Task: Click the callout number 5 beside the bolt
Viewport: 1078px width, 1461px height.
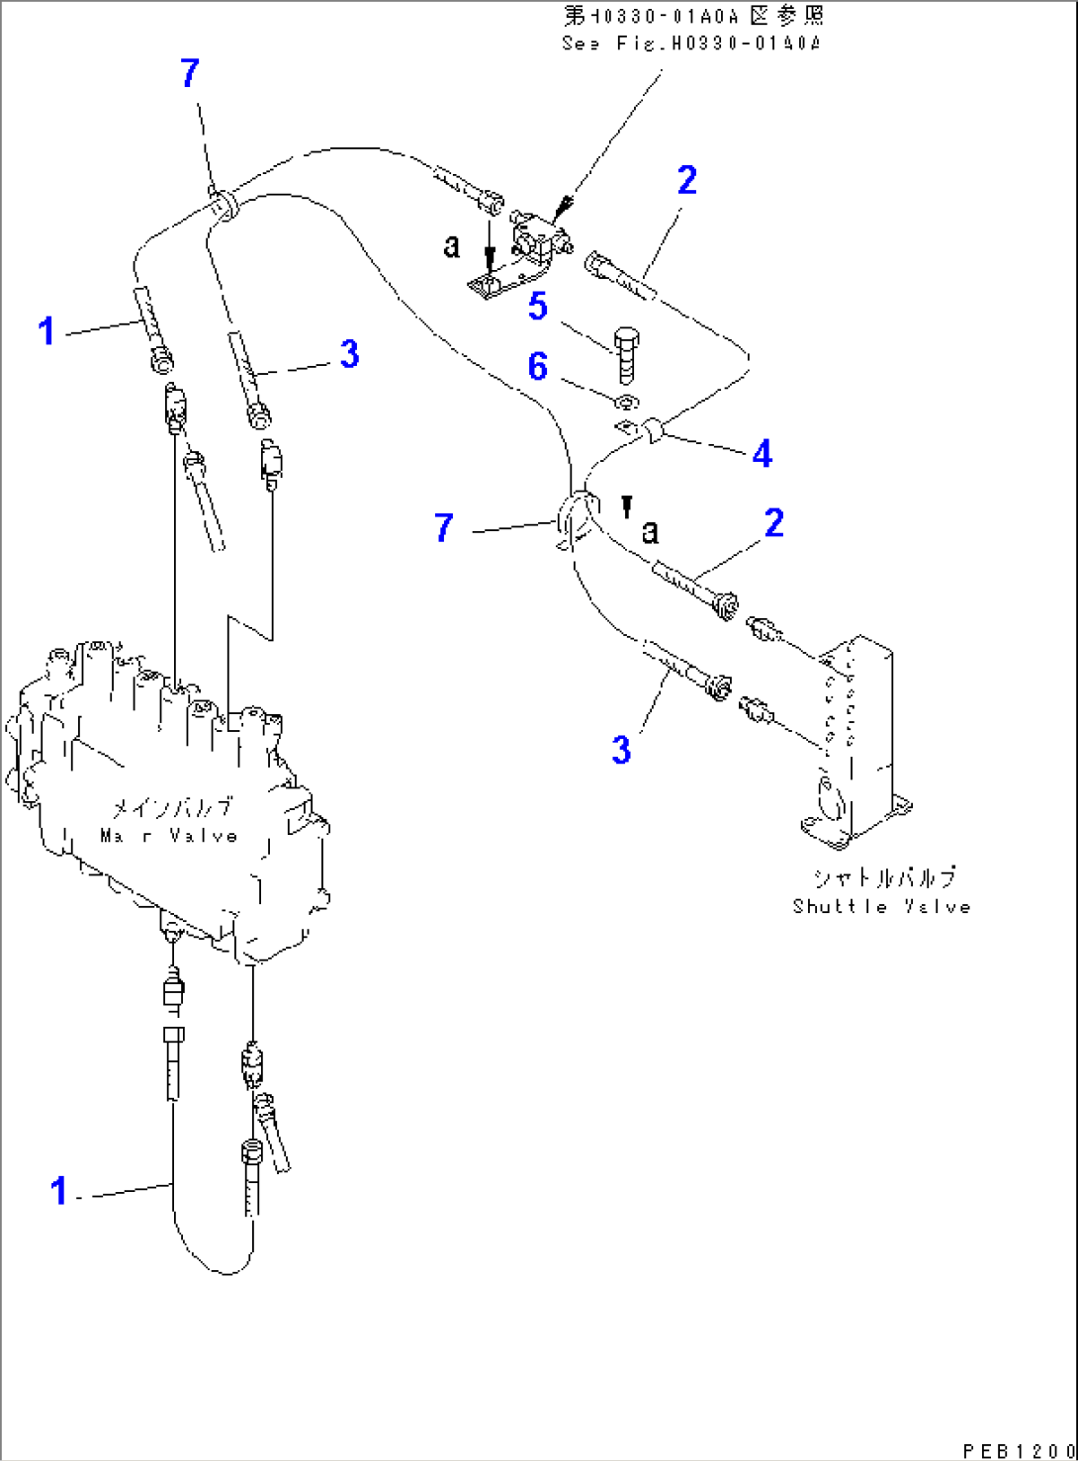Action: pyautogui.click(x=537, y=307)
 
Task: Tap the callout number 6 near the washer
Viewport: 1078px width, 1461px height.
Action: pyautogui.click(x=537, y=367)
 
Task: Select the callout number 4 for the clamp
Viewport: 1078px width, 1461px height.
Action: pyautogui.click(x=762, y=454)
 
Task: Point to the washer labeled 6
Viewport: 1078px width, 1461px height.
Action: pyautogui.click(x=626, y=402)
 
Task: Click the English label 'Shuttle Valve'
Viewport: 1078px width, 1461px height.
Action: pyautogui.click(x=880, y=906)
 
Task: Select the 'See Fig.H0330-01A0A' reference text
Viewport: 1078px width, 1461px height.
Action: pyautogui.click(x=691, y=44)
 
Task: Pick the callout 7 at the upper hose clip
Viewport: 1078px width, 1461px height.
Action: pyautogui.click(x=190, y=72)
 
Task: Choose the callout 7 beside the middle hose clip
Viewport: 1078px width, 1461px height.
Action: pyautogui.click(x=444, y=527)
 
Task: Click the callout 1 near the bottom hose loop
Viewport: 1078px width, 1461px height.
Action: pyautogui.click(x=59, y=1191)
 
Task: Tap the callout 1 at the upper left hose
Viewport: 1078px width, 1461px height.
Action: pyautogui.click(x=46, y=330)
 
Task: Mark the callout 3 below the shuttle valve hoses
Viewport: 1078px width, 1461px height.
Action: pyautogui.click(x=620, y=749)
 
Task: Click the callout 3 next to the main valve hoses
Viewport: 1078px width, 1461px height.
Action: pyautogui.click(x=349, y=354)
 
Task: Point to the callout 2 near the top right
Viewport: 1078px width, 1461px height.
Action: pyautogui.click(x=686, y=180)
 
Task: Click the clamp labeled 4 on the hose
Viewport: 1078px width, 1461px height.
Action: pyautogui.click(x=654, y=431)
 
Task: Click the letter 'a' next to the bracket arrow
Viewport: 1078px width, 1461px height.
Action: pyautogui.click(x=452, y=245)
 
